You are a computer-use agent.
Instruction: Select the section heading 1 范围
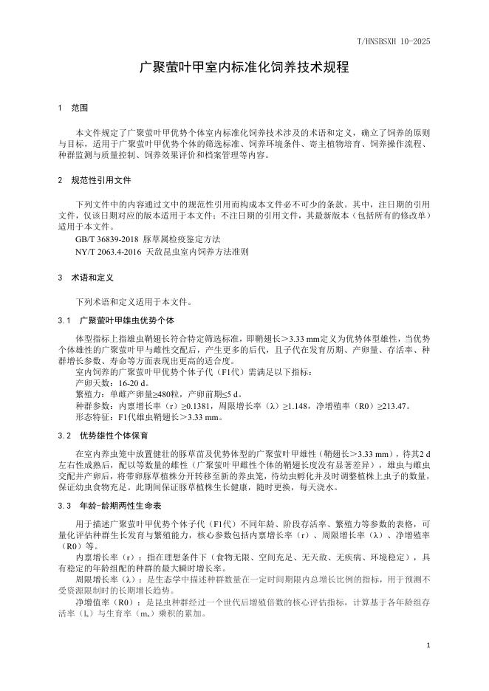pos(73,108)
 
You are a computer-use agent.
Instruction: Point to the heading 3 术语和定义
pos(84,278)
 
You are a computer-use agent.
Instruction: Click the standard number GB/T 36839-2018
pos(108,239)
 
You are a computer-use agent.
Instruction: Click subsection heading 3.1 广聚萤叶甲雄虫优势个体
pos(115,320)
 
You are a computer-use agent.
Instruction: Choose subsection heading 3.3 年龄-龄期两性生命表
pos(110,506)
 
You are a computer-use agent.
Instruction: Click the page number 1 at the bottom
pos(428,644)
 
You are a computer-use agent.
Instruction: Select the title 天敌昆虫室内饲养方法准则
pos(199,251)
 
